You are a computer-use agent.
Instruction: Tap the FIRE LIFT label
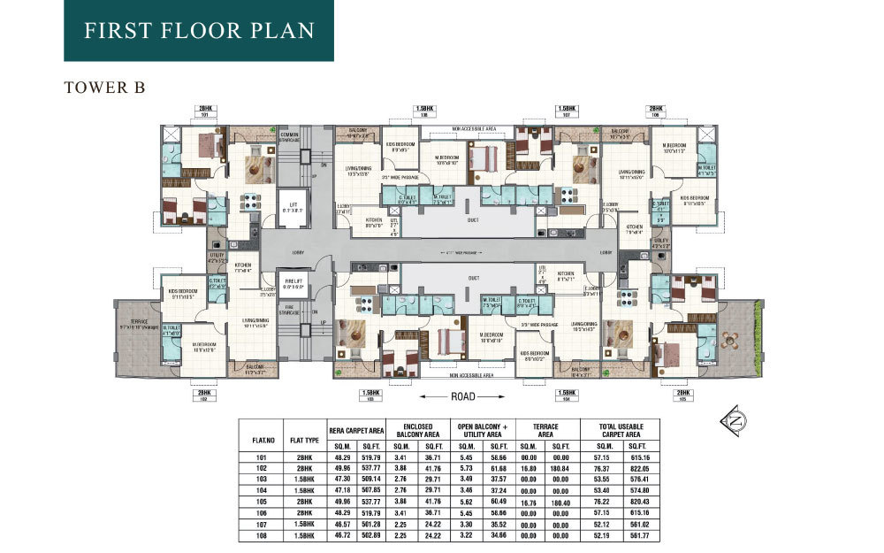(291, 282)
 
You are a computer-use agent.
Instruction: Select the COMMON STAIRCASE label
(290, 137)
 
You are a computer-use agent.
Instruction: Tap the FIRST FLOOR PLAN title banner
(199, 31)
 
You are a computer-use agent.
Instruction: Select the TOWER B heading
(98, 88)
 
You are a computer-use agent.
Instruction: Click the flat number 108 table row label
(260, 535)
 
